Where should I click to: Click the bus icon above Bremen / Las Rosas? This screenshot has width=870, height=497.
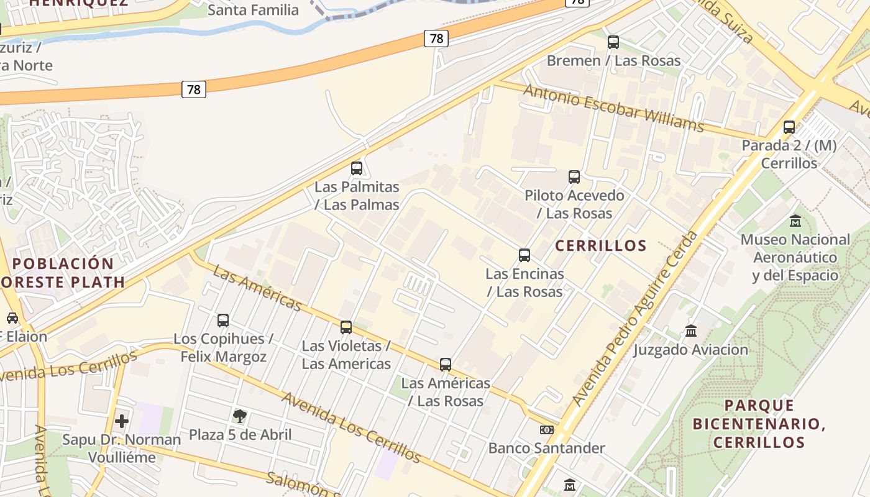613,42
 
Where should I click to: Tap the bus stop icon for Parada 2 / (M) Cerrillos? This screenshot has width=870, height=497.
789,127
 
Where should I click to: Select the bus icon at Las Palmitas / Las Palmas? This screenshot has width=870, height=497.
357,168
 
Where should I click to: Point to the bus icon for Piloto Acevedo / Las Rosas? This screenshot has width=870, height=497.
574,177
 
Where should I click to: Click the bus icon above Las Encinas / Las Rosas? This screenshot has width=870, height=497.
524,255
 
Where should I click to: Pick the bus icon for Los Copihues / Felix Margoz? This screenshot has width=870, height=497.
223,321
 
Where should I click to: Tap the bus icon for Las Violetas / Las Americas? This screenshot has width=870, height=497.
346,327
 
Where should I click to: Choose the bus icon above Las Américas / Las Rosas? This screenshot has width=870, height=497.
446,365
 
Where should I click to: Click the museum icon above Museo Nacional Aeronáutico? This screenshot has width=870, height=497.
795,221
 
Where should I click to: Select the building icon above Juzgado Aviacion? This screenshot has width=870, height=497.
691,331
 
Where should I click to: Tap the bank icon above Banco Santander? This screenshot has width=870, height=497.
546,430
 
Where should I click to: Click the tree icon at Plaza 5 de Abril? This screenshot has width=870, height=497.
240,416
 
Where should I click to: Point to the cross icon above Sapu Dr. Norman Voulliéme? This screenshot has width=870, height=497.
122,421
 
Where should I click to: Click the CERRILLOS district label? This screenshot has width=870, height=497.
601,246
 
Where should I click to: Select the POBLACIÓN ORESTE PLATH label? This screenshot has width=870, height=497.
62,272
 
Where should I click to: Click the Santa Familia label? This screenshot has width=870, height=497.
253,10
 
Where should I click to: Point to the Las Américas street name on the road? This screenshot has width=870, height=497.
257,288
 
